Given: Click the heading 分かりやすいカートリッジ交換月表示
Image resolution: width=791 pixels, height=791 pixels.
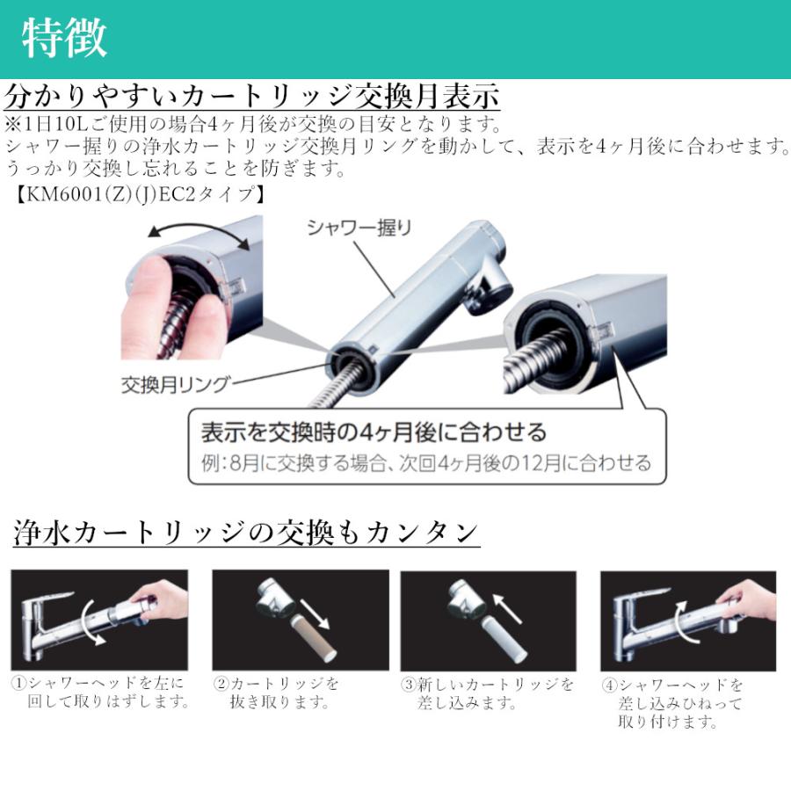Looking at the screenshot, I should (x=252, y=96).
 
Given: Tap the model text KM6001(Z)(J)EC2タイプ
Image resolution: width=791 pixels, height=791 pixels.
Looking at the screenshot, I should (x=141, y=192).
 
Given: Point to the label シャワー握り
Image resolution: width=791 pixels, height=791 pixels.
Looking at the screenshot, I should (x=359, y=227).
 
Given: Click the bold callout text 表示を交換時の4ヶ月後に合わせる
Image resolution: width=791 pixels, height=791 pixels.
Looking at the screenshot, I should (x=374, y=432).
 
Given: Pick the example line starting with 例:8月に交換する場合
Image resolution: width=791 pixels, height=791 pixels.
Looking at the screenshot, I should (x=427, y=462).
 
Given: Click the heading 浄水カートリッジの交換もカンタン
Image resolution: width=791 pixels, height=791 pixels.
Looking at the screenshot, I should (x=247, y=533).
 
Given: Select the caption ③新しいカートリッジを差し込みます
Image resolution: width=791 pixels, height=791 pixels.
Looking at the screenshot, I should (x=488, y=693).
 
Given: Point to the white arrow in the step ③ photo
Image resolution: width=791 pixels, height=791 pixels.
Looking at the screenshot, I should (x=504, y=607).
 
